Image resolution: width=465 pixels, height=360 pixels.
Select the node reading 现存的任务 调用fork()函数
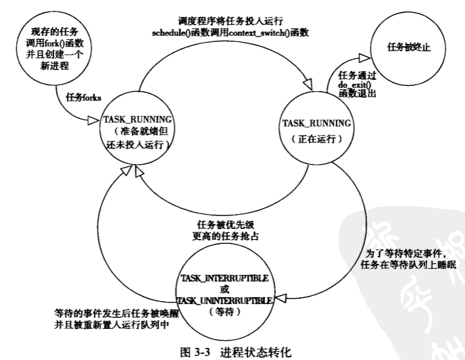tap(55, 50)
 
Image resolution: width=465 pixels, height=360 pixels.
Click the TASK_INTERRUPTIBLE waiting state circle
tap(225, 288)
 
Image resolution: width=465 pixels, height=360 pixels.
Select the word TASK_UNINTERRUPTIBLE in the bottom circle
tap(225, 299)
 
